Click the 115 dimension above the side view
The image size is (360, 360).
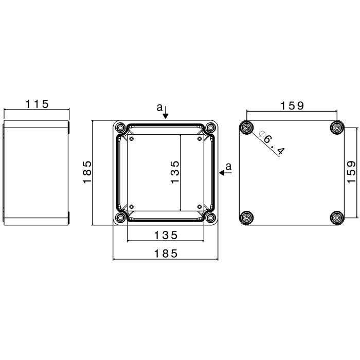[x=37, y=104]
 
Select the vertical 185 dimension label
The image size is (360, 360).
[x=87, y=172]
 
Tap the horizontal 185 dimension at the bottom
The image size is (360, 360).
[x=166, y=254]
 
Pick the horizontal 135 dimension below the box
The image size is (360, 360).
[x=166, y=236]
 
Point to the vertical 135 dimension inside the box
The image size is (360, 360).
[x=175, y=172]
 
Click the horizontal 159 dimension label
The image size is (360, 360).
[x=292, y=105]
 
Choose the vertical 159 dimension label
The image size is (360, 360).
[x=351, y=172]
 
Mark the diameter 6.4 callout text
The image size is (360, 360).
[x=272, y=142]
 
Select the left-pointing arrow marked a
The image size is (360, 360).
[x=225, y=172]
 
